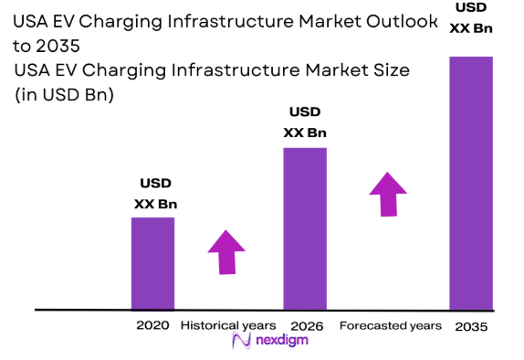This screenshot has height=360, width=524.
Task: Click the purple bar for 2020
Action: point(152,263)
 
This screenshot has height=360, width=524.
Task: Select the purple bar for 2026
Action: point(305,228)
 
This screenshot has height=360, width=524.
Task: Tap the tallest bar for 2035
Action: point(470,183)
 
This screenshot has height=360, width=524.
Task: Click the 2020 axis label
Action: point(152,325)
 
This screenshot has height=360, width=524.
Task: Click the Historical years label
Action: point(227,325)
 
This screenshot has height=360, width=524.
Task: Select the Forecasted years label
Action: point(390,325)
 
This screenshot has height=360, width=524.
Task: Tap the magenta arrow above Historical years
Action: point(226,251)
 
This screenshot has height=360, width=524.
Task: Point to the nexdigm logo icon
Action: point(242,342)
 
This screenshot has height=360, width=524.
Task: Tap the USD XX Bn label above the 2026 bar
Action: point(305,122)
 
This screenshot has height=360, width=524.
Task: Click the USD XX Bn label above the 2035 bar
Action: point(470,17)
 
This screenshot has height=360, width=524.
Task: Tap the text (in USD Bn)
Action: point(63,94)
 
